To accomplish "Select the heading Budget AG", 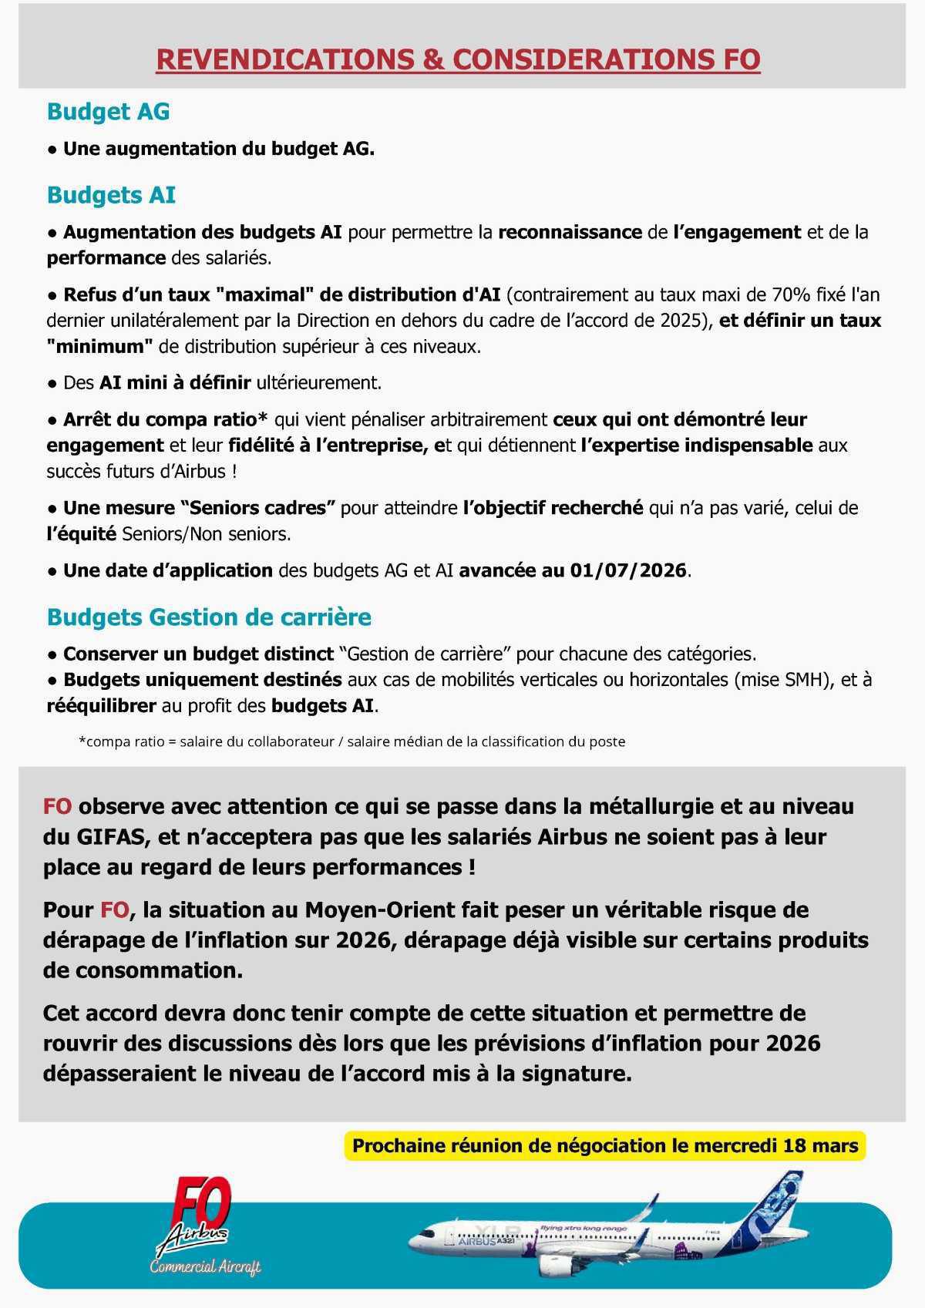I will [108, 112].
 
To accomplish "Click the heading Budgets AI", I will [111, 195].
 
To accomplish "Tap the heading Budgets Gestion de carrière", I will [209, 617].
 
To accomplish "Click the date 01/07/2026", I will [628, 571].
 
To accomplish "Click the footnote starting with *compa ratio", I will [351, 741].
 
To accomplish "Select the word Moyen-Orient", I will [381, 910].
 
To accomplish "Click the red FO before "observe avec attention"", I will [57, 807].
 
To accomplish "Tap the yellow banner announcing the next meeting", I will [605, 1146].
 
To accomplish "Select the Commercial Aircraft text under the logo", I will [205, 1267].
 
